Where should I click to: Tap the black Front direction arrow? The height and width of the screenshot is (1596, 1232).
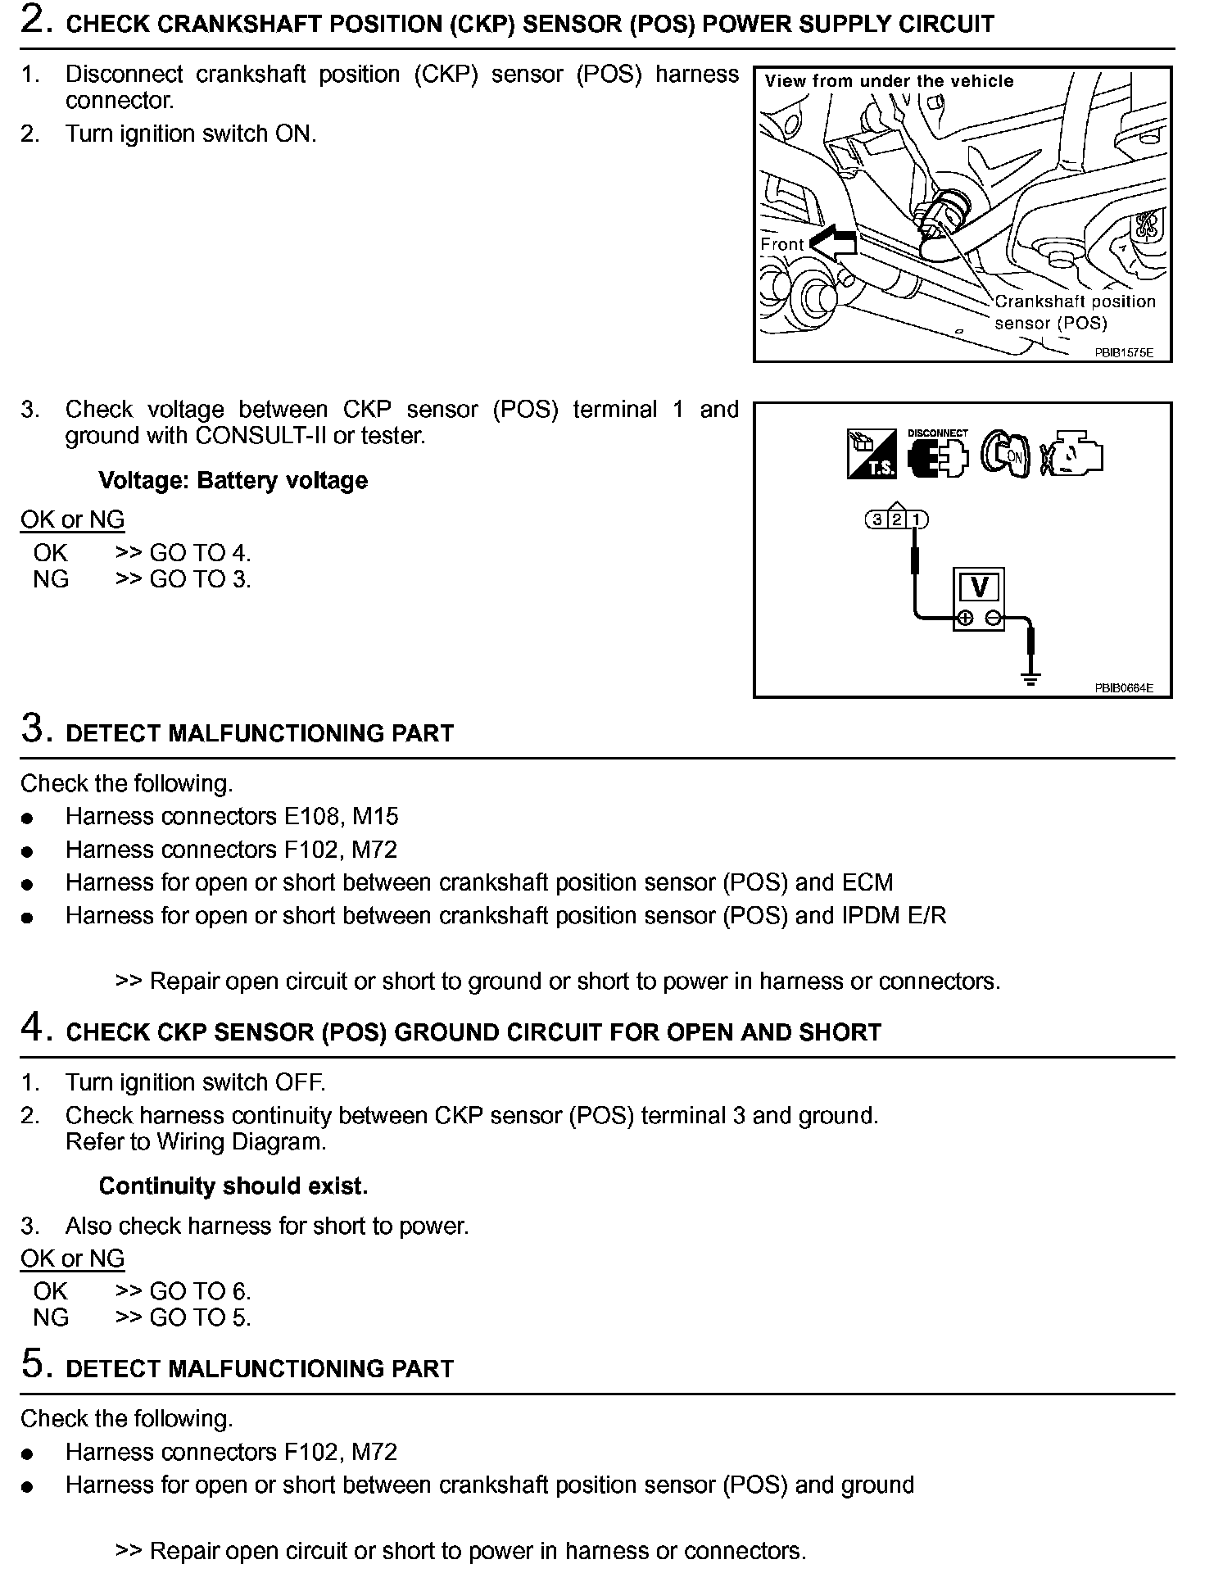tap(833, 243)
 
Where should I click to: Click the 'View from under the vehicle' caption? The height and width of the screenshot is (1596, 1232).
tap(889, 81)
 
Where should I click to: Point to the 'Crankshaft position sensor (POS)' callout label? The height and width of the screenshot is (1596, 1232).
tap(1074, 312)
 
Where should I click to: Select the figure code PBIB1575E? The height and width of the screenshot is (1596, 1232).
tap(1124, 353)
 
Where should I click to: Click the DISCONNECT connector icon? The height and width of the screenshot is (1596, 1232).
tap(938, 453)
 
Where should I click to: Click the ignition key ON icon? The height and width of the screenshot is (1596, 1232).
tap(1005, 455)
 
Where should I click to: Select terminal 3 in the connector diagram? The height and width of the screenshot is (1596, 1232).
tap(877, 519)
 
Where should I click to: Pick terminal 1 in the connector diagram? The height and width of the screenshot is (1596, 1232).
tap(917, 519)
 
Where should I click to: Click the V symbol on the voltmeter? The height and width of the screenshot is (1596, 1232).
tap(979, 587)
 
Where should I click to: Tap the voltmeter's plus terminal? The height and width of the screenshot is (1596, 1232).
tap(965, 619)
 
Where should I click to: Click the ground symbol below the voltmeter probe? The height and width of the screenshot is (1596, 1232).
tap(1030, 678)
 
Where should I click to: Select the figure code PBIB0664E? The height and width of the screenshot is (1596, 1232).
tap(1124, 688)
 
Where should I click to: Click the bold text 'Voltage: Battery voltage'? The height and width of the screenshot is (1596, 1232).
tap(233, 480)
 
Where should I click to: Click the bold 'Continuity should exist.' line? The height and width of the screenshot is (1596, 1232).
tap(233, 1186)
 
